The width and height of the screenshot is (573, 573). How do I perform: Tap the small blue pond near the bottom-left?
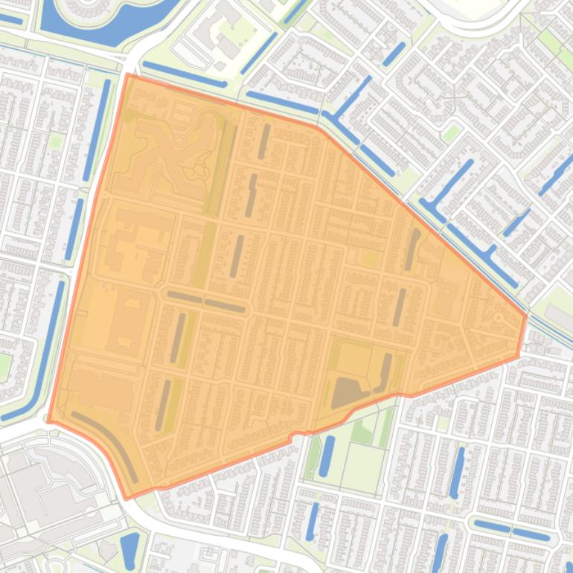pyautogui.click(x=129, y=551)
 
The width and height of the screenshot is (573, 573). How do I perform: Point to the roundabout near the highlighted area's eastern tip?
pyautogui.click(x=498, y=318)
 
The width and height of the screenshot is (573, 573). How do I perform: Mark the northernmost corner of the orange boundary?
pyautogui.click(x=128, y=74)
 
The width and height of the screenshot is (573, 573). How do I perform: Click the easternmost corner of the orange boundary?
pyautogui.click(x=526, y=316)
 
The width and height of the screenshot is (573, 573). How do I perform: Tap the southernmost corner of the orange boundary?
pyautogui.click(x=128, y=498)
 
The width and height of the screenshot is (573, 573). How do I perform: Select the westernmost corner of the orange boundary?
pyautogui.click(x=48, y=420)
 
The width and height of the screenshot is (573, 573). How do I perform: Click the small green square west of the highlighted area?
pyautogui.click(x=55, y=141)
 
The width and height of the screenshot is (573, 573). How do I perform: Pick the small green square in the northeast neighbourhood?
pyautogui.click(x=450, y=133)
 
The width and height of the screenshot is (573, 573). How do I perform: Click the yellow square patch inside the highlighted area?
pyautogui.click(x=368, y=258)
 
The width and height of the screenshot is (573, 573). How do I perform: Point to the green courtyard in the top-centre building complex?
pyautogui.click(x=242, y=30)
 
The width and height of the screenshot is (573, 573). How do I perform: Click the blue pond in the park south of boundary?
pyautogui.click(x=327, y=455)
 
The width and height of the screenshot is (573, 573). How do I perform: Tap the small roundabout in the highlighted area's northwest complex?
pyautogui.click(x=179, y=141)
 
